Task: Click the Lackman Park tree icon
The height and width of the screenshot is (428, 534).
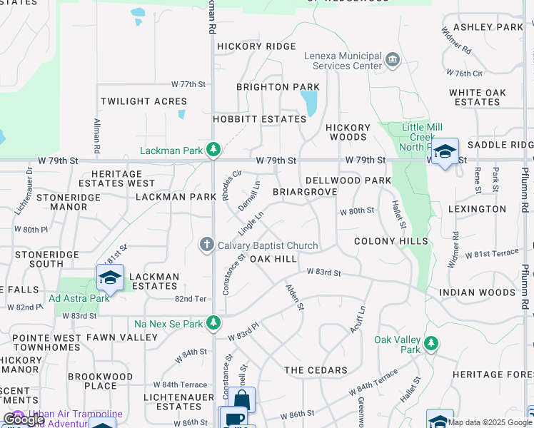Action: [213, 150]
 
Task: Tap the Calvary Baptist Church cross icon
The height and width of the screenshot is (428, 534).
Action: [207, 245]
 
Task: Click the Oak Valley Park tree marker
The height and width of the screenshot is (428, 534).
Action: [430, 344]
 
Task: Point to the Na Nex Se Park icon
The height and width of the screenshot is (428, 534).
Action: [213, 323]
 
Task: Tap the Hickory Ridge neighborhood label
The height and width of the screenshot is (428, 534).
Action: [256, 46]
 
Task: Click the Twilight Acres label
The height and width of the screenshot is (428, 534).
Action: [143, 102]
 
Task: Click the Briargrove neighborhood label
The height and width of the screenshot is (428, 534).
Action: [305, 193]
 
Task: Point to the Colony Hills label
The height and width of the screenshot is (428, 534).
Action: [391, 241]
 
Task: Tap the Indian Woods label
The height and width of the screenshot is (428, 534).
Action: [477, 292]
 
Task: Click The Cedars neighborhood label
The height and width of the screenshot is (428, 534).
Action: [316, 370]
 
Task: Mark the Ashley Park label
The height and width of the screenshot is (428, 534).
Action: [488, 27]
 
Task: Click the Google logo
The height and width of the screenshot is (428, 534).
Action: [24, 419]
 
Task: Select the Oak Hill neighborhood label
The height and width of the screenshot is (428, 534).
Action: [273, 258]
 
